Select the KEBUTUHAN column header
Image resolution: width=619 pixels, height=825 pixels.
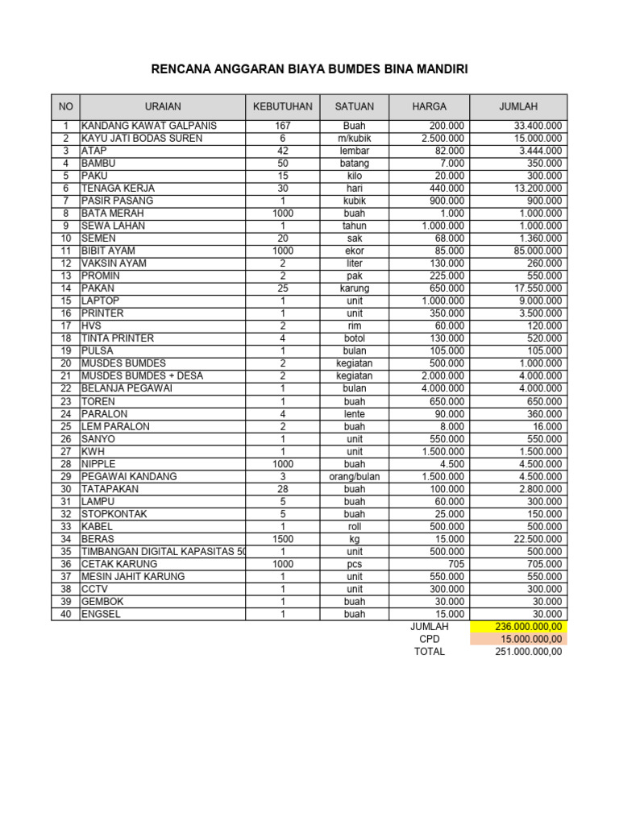click(282, 106)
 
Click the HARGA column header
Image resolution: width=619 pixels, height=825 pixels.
click(429, 106)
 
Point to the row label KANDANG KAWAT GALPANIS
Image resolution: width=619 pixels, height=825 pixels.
click(149, 126)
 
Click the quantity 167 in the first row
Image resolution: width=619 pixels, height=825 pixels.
click(282, 126)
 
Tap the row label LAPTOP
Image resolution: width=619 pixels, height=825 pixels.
click(100, 301)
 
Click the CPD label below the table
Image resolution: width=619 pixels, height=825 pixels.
click(429, 639)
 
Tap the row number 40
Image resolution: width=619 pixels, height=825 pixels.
click(66, 614)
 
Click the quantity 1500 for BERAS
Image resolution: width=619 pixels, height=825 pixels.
click(282, 539)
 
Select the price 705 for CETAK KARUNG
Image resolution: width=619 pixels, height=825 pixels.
click(455, 564)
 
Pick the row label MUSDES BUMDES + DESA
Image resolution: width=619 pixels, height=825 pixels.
click(142, 375)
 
